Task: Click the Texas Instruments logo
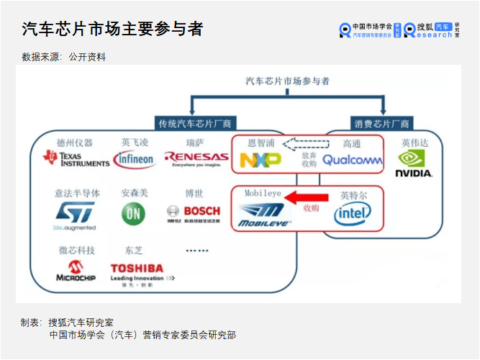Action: (76, 158)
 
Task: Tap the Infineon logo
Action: (135, 159)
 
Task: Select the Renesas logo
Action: (196, 158)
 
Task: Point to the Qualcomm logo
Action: (352, 160)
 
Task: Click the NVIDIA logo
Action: (415, 163)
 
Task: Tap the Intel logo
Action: (353, 212)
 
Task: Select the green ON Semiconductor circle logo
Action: (133, 214)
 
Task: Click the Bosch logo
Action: (194, 212)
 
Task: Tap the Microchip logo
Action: (76, 271)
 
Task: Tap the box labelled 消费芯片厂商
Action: (381, 123)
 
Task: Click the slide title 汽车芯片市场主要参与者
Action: (112, 29)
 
